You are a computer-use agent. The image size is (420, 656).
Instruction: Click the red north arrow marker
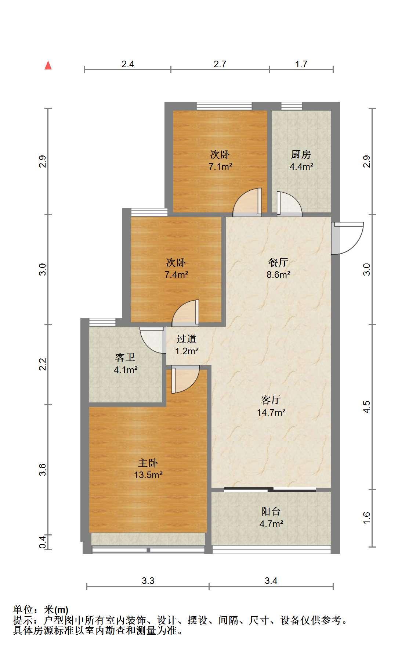[48, 65]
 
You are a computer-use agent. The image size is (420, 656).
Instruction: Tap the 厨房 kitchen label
[301, 154]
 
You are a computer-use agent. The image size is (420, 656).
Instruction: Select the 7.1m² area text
[220, 166]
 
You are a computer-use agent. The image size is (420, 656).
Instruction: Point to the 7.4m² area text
[177, 275]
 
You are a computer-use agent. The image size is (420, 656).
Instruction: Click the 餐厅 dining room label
[278, 262]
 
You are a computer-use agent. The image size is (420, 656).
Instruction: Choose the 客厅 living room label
[271, 400]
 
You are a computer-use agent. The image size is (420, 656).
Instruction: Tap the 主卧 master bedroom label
[148, 463]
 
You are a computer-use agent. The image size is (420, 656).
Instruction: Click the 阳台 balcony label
[271, 512]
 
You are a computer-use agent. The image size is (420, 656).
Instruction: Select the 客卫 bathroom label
[125, 357]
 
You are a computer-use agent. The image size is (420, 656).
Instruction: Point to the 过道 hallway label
[187, 339]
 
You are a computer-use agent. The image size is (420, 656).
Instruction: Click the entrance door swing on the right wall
[348, 238]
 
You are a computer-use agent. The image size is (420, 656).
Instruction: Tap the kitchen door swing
[289, 203]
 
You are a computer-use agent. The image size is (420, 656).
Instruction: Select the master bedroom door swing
[185, 380]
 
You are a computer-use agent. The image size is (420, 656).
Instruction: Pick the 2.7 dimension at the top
[220, 64]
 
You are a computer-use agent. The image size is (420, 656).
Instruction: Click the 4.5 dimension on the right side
[366, 407]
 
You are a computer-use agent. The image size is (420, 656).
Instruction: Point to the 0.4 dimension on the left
[43, 542]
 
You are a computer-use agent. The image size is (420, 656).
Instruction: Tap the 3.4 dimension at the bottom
[271, 581]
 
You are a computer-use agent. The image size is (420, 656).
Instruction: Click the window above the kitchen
[292, 106]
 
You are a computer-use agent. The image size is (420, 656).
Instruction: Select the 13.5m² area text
[148, 475]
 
